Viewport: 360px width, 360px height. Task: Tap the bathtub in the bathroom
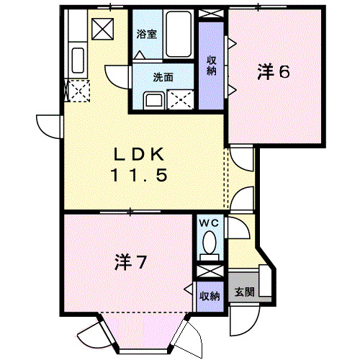coord(176,36)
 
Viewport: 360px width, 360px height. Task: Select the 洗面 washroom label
coord(162,76)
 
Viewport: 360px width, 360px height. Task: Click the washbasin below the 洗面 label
coord(153,99)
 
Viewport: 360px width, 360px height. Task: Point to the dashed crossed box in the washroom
coord(180,99)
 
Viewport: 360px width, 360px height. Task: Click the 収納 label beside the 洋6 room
coord(212,65)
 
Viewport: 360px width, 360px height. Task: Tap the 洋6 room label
coord(274,71)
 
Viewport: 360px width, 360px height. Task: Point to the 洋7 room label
coord(130,263)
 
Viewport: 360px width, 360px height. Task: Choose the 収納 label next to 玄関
coord(210,296)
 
